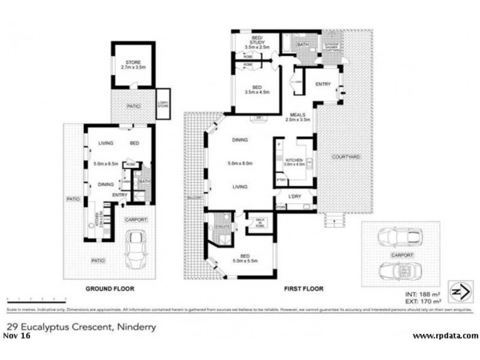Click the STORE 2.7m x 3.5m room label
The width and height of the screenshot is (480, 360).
pos(132,65)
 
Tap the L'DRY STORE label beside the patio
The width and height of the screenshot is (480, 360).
pos(163,100)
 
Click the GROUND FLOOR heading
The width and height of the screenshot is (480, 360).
pos(109,289)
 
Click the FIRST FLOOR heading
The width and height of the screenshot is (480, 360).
pos(303,289)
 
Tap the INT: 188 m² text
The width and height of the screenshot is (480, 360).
pos(424,295)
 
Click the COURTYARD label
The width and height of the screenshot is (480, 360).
pos(345,157)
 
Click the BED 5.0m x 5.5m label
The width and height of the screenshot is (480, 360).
pos(247,259)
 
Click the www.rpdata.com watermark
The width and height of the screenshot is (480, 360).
pos(446,336)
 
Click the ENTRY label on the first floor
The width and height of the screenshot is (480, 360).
pos(323,84)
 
